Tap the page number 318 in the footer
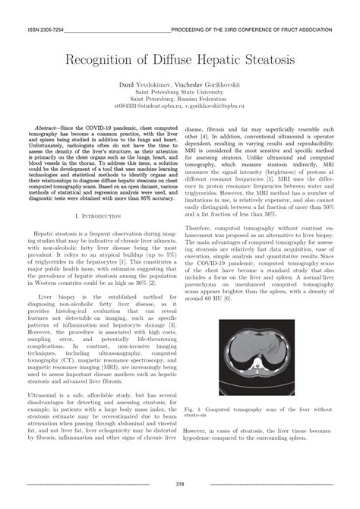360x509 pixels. point(179,484)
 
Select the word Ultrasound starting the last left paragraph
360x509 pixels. point(45,396)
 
